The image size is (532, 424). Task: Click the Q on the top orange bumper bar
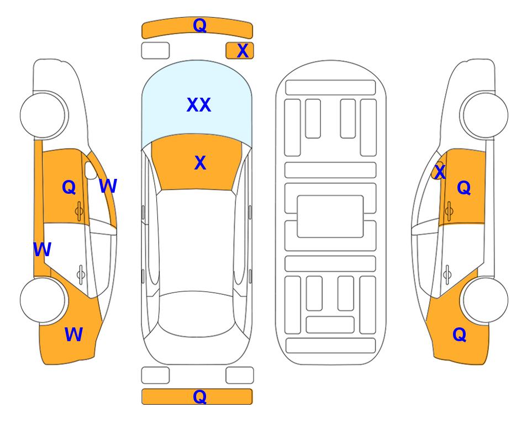(x=199, y=25)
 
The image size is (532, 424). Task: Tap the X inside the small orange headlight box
(x=243, y=51)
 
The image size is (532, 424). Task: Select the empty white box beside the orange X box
(x=155, y=51)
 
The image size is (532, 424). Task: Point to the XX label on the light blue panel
(x=199, y=105)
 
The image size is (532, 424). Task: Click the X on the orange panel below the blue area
(x=200, y=163)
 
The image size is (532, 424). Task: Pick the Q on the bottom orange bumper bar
(x=199, y=396)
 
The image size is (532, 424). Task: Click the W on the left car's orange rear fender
(x=73, y=335)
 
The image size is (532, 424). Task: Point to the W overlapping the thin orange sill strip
(x=43, y=250)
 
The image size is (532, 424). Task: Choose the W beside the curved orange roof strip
(x=108, y=186)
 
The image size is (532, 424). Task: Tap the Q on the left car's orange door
(x=69, y=187)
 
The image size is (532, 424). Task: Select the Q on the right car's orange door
(x=464, y=188)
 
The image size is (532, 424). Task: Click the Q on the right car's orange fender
(x=460, y=335)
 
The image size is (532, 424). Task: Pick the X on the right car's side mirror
(x=440, y=171)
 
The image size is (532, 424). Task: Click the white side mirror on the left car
(x=91, y=170)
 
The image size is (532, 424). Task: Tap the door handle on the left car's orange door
(x=79, y=211)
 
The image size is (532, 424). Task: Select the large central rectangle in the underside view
(x=330, y=216)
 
